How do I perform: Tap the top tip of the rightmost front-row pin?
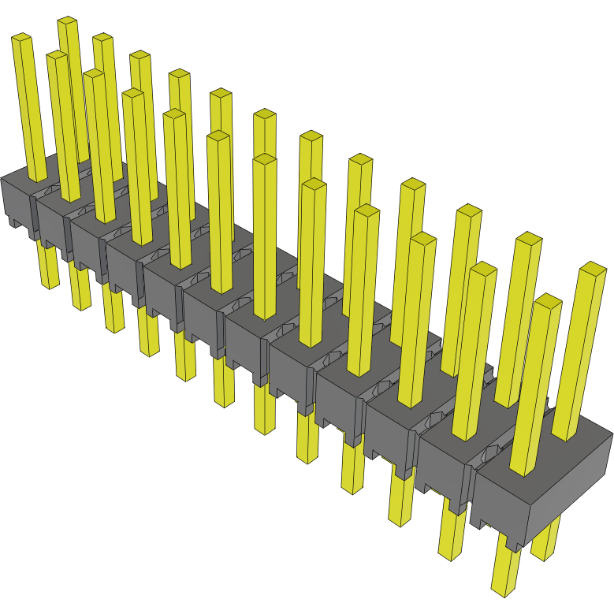click(547, 302)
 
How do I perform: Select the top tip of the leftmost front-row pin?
click(21, 38)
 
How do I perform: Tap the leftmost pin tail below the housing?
click(47, 268)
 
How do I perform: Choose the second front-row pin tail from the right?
click(452, 536)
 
